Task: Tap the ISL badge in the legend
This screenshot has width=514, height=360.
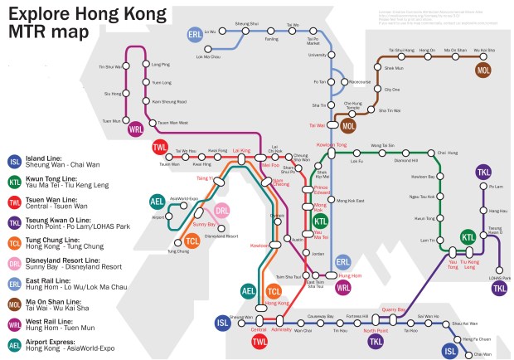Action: [15, 162]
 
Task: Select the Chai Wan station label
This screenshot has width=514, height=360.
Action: [481, 353]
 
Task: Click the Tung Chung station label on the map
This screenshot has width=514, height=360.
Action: [177, 251]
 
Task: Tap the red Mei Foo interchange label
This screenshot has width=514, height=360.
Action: [270, 164]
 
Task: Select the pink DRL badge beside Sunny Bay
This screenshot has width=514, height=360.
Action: [222, 213]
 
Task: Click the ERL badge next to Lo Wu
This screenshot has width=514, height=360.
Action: [195, 36]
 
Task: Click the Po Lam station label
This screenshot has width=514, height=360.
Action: [497, 188]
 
